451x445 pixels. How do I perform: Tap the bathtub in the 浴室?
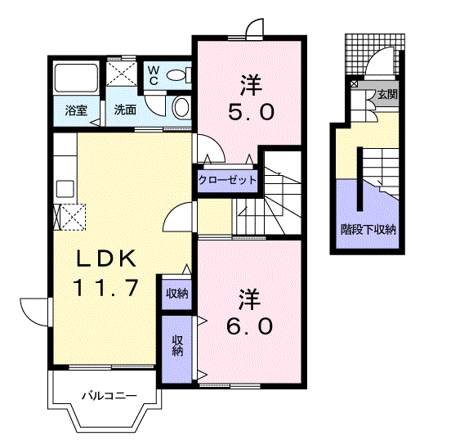point(77,78)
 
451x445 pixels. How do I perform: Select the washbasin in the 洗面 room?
point(181,107)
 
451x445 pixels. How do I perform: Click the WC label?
point(154,75)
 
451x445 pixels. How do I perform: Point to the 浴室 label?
point(76,110)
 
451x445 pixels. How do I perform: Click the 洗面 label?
point(125,110)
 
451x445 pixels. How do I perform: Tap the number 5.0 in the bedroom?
point(251,112)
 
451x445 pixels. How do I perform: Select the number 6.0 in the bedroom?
point(249,326)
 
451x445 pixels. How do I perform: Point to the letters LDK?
point(106,258)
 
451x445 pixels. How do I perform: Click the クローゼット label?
point(227,181)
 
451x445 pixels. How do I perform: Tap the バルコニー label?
point(109,396)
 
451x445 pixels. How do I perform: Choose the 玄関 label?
point(388,94)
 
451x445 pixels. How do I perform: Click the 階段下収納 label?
point(368,230)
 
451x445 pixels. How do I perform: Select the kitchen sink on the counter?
point(65,189)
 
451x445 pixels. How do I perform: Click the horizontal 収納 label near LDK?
point(177,294)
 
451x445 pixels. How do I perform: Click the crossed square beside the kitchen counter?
point(73,217)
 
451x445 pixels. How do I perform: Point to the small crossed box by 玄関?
point(354,84)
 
